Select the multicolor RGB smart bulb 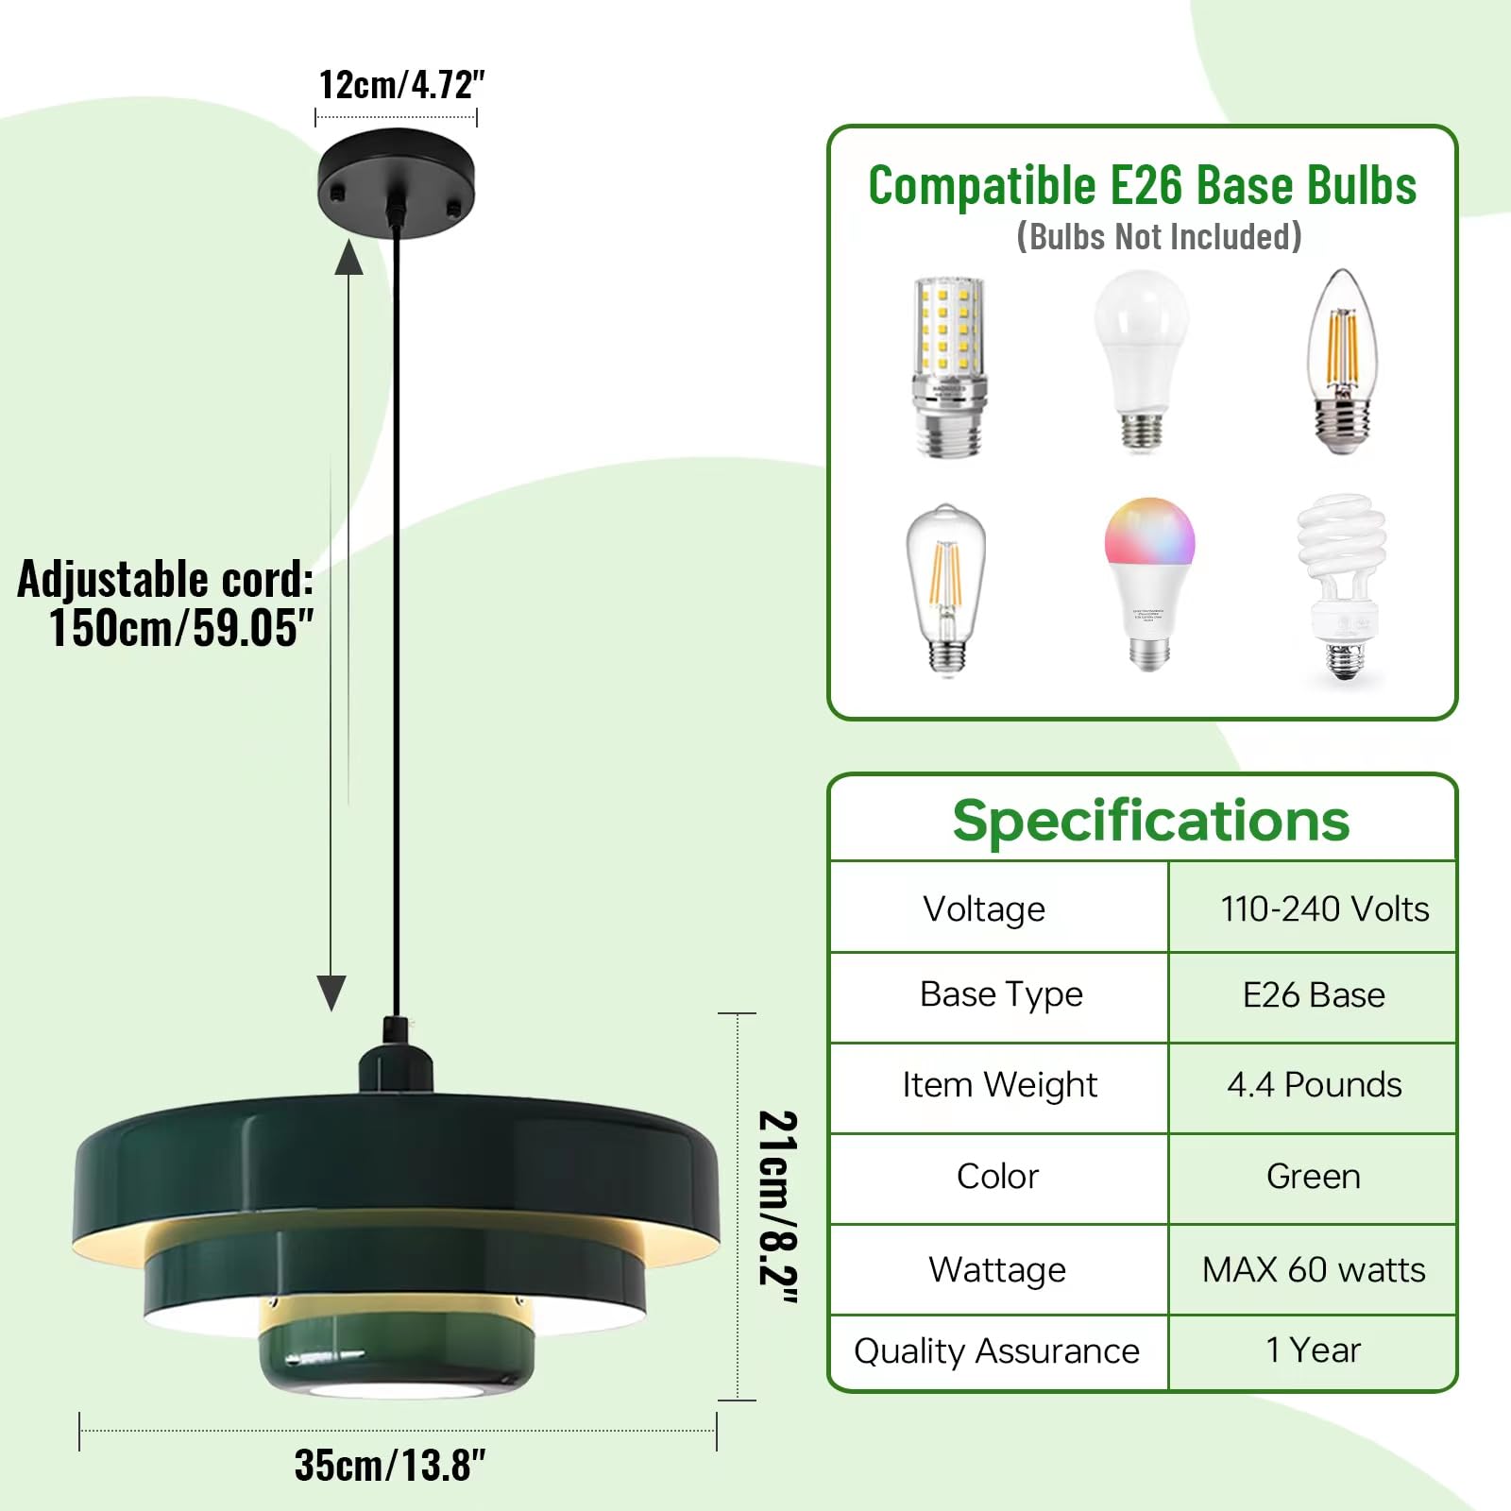(1149, 582)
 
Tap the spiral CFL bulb (1342, 586)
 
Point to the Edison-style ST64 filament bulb (946, 590)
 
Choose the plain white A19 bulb (1142, 359)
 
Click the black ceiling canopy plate (396, 179)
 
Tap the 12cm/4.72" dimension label (401, 85)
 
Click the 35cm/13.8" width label (390, 1465)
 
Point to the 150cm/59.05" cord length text (180, 628)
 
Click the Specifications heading (1150, 820)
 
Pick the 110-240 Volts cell (1324, 908)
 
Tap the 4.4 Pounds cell (1314, 1085)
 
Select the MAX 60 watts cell (1314, 1270)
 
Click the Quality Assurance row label (996, 1351)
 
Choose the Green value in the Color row (1313, 1177)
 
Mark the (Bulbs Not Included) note (1159, 236)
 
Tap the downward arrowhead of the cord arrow (331, 993)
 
